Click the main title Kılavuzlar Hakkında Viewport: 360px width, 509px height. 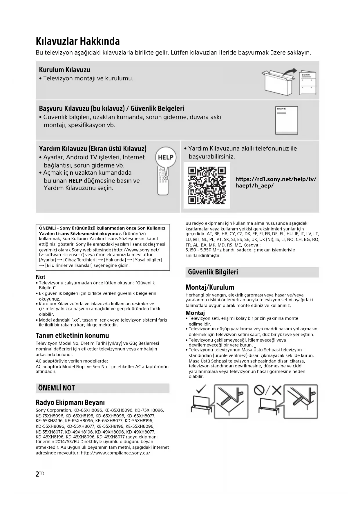(78, 41)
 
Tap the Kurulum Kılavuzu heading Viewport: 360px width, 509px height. (64, 70)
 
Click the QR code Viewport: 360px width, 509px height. (207, 185)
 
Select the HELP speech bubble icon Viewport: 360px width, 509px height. (166, 157)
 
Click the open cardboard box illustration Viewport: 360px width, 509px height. (277, 82)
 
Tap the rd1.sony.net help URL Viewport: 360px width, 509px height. (276, 182)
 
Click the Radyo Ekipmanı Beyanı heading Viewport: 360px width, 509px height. (70, 402)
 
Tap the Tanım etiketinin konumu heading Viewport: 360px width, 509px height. (72, 335)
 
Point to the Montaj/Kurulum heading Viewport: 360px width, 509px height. (210, 287)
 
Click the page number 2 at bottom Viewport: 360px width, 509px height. (37, 474)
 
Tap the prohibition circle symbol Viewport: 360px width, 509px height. (259, 390)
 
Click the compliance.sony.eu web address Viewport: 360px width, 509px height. (115, 453)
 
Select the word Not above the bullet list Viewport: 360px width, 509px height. (41, 277)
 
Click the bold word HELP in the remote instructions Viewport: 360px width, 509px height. (75, 181)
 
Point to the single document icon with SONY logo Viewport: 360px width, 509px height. (287, 120)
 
